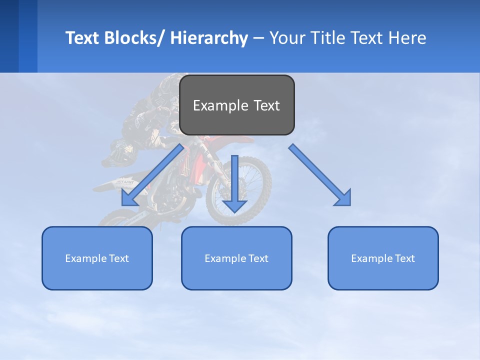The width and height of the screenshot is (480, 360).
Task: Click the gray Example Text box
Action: click(x=236, y=105)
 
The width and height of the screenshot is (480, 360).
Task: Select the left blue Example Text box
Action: click(x=97, y=258)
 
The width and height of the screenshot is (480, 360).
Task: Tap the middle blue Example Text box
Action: click(x=236, y=258)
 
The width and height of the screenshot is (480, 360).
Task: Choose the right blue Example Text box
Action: click(x=383, y=258)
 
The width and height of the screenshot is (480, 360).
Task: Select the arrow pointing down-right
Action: click(x=320, y=175)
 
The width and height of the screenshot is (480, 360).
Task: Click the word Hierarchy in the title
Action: click(x=209, y=38)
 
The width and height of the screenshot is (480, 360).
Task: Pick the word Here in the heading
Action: click(x=408, y=38)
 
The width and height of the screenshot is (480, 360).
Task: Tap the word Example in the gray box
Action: click(x=213, y=105)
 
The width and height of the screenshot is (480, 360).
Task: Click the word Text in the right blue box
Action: click(x=404, y=258)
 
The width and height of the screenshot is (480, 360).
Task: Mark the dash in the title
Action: click(x=258, y=38)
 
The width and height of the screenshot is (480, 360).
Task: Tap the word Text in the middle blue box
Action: click(x=257, y=258)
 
